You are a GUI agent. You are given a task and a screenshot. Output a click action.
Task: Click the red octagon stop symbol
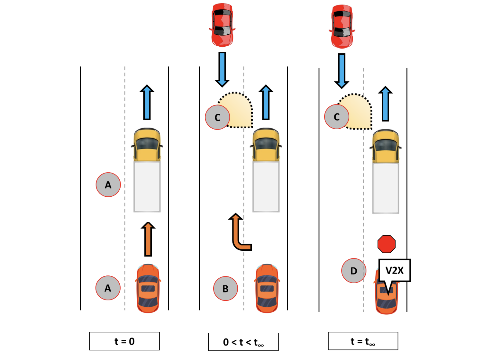[386, 244]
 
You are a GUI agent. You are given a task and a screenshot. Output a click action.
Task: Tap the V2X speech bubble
[394, 270]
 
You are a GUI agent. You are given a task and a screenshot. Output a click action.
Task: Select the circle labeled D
[354, 271]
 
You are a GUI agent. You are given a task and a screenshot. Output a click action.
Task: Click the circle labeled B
[225, 288]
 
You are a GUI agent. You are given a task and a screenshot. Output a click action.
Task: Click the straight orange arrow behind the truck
[148, 239]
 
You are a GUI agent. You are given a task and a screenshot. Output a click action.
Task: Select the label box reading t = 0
[124, 341]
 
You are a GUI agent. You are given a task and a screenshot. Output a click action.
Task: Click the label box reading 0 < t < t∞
[243, 342]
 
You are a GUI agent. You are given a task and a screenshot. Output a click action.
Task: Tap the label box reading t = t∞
[363, 341]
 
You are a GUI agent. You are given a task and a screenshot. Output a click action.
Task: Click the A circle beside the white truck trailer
[108, 184]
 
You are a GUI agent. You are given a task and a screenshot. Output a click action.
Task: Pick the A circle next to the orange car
[108, 288]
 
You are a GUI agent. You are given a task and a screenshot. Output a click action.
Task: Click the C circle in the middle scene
[217, 117]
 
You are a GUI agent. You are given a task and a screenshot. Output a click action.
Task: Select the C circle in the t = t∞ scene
[336, 117]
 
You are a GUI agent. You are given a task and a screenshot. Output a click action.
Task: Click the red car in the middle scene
[222, 25]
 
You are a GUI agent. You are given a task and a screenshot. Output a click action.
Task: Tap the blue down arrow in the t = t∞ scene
[342, 71]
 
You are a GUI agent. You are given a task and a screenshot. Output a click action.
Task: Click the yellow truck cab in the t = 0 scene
[147, 145]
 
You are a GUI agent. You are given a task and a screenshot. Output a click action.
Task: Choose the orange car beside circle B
[267, 288]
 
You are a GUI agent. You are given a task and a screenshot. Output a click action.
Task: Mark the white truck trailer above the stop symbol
[386, 188]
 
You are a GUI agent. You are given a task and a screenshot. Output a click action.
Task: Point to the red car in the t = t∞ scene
[342, 26]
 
